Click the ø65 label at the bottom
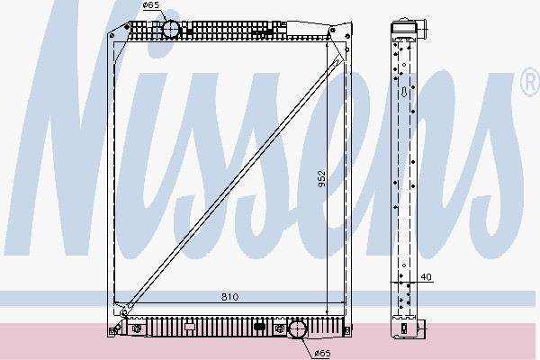323,353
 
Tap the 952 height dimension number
321,179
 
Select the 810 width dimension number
229,297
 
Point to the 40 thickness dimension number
426,276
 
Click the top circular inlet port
171,29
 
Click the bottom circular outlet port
296,329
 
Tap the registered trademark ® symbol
530,82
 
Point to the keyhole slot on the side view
404,92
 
